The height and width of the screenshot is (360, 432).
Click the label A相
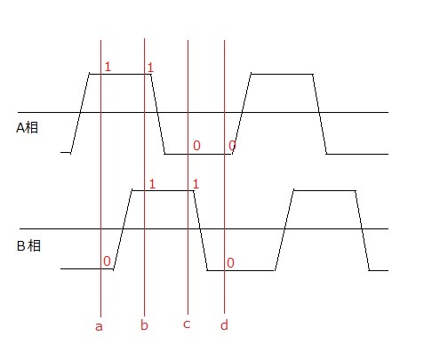pos(27,128)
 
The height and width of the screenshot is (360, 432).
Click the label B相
pos(28,246)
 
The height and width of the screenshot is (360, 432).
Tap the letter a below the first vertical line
pos(99,326)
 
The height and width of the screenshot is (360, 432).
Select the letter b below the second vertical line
pos(144,324)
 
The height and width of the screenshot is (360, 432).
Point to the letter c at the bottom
pos(187,324)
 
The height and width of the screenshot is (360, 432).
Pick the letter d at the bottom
pos(224,324)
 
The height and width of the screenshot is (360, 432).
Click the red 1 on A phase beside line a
pos(108,67)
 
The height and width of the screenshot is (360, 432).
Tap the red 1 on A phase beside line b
pos(150,68)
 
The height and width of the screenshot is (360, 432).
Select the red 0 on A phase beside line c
pos(196,146)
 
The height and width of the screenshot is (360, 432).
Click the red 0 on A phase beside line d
pos(232,146)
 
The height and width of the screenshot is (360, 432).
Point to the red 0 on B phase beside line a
pos(107,261)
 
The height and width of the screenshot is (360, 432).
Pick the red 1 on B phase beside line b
pos(152,184)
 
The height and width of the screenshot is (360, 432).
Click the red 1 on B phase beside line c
pos(196,184)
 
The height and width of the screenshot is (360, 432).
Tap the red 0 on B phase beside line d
pos(230,263)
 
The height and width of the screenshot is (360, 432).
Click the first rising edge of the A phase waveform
pos(80,113)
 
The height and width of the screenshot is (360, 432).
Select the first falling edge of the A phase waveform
pos(158,114)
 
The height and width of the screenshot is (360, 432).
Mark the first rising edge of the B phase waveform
pos(123,229)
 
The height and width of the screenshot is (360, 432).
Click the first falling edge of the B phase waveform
pos(201,230)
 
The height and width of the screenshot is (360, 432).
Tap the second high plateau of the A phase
pos(282,74)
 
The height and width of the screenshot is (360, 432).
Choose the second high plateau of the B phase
pos(324,190)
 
